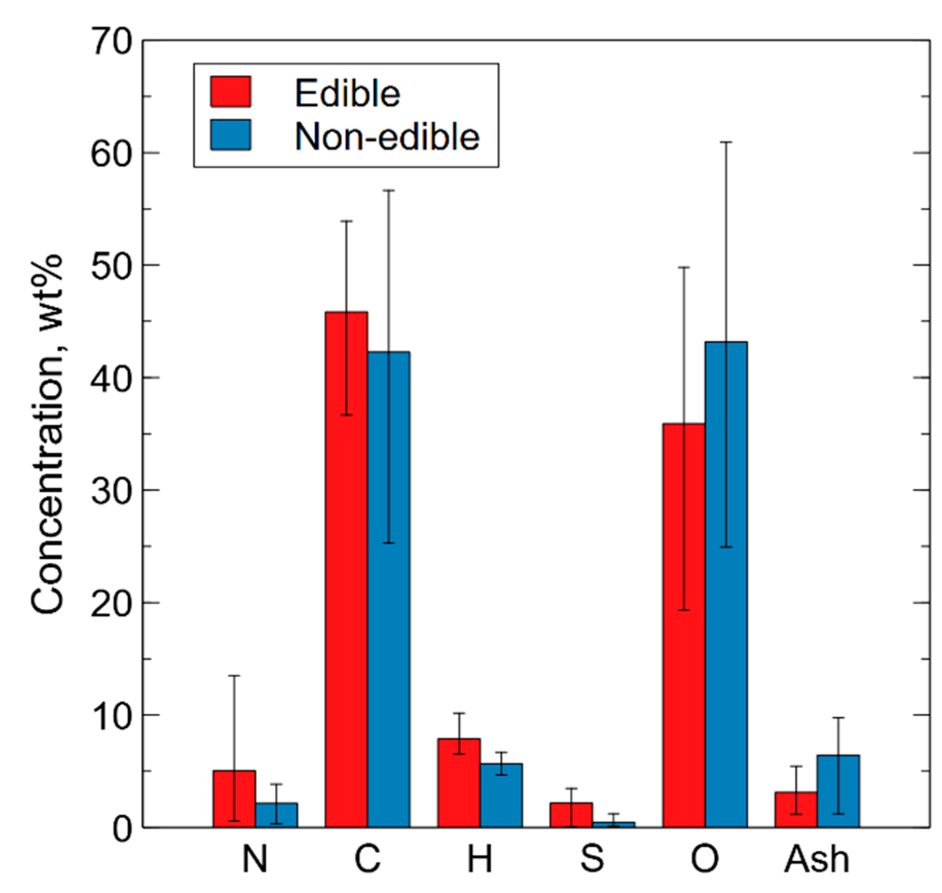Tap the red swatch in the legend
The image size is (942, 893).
[x=231, y=92]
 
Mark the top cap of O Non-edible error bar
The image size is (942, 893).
[x=726, y=142]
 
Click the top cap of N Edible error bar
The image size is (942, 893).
[x=234, y=676]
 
